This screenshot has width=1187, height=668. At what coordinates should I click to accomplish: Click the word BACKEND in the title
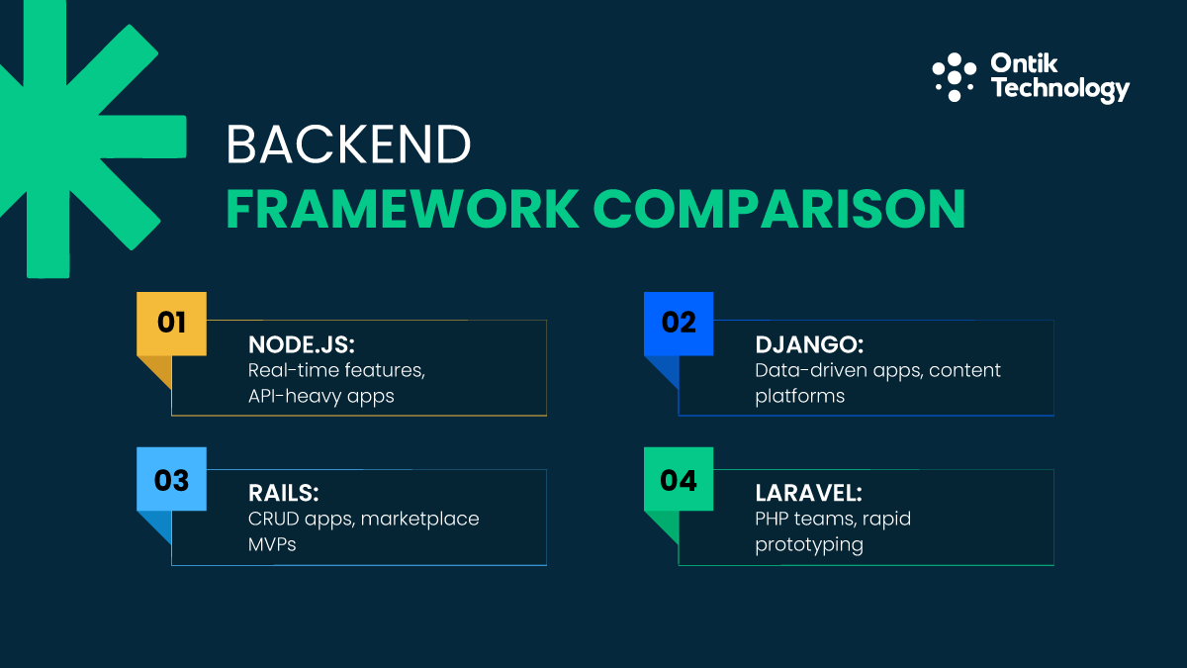(x=348, y=145)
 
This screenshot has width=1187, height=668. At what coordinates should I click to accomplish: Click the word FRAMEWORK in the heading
(x=402, y=209)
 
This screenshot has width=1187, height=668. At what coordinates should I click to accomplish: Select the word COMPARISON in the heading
(x=778, y=209)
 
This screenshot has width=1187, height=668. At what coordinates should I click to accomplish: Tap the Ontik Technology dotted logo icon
(x=955, y=77)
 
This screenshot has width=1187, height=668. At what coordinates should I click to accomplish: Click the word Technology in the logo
(x=1059, y=89)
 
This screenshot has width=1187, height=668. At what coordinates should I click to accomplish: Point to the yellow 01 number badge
(x=171, y=323)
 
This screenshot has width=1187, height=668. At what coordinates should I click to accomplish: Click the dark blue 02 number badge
(x=679, y=323)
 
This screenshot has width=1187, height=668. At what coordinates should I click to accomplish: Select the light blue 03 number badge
(x=171, y=480)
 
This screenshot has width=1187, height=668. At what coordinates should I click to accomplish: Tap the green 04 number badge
(x=679, y=480)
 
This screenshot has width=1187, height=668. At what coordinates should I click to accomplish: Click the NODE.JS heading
(x=300, y=345)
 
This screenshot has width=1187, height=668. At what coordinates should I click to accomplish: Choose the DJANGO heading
(x=809, y=345)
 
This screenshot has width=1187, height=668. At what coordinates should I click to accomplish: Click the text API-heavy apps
(x=320, y=396)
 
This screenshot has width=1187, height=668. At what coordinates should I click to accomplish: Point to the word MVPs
(x=272, y=545)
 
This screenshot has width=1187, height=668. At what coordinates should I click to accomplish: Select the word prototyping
(x=809, y=545)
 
